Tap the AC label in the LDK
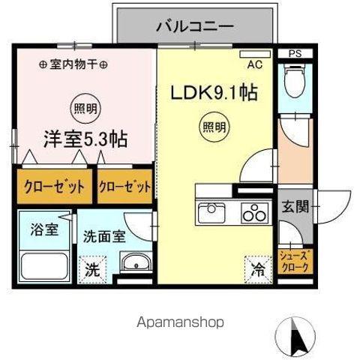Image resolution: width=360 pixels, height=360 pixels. click(x=254, y=65)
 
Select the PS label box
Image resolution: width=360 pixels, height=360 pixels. click(x=294, y=54)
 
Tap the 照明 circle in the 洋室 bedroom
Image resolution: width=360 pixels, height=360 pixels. click(x=84, y=106)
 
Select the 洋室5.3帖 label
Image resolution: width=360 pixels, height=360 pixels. click(x=84, y=139)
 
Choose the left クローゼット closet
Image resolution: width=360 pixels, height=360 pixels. click(x=52, y=187)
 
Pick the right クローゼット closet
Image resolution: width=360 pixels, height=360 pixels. click(x=125, y=187)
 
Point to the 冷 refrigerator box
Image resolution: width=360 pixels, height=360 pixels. click(x=256, y=266)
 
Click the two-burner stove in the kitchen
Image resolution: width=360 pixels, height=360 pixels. click(x=252, y=214)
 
